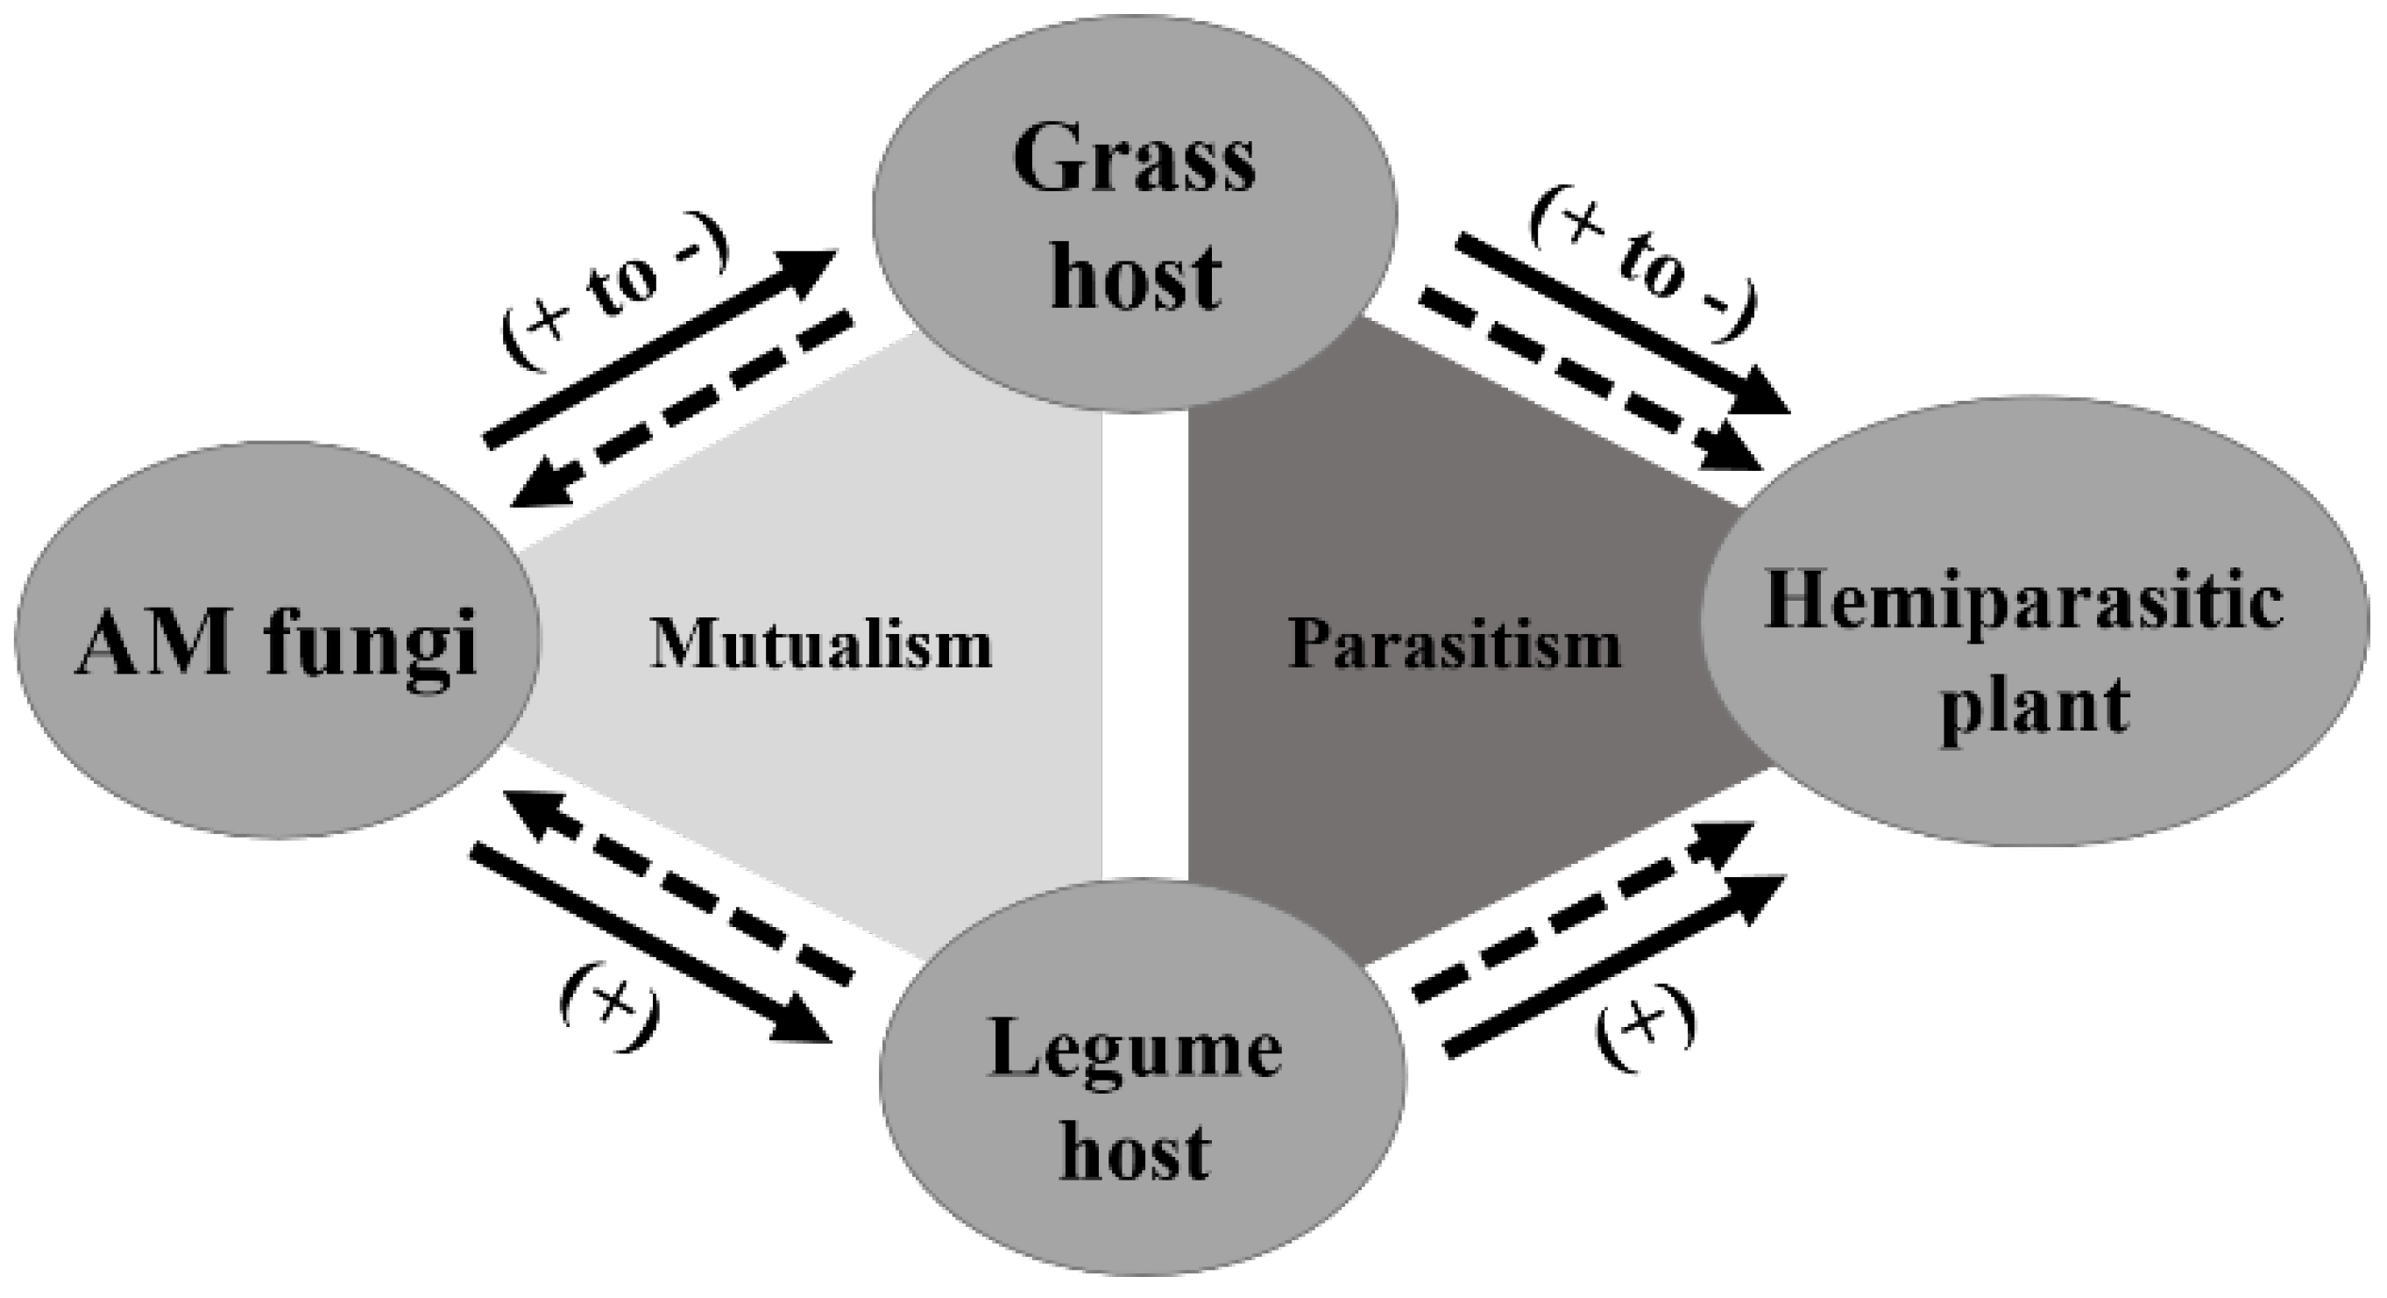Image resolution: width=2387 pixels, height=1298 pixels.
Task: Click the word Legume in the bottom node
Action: pyautogui.click(x=1136, y=1054)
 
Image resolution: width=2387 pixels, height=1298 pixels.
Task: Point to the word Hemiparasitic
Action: pyautogui.click(x=2022, y=603)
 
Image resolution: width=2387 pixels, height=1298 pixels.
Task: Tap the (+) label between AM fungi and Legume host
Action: pyautogui.click(x=610, y=1020)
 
